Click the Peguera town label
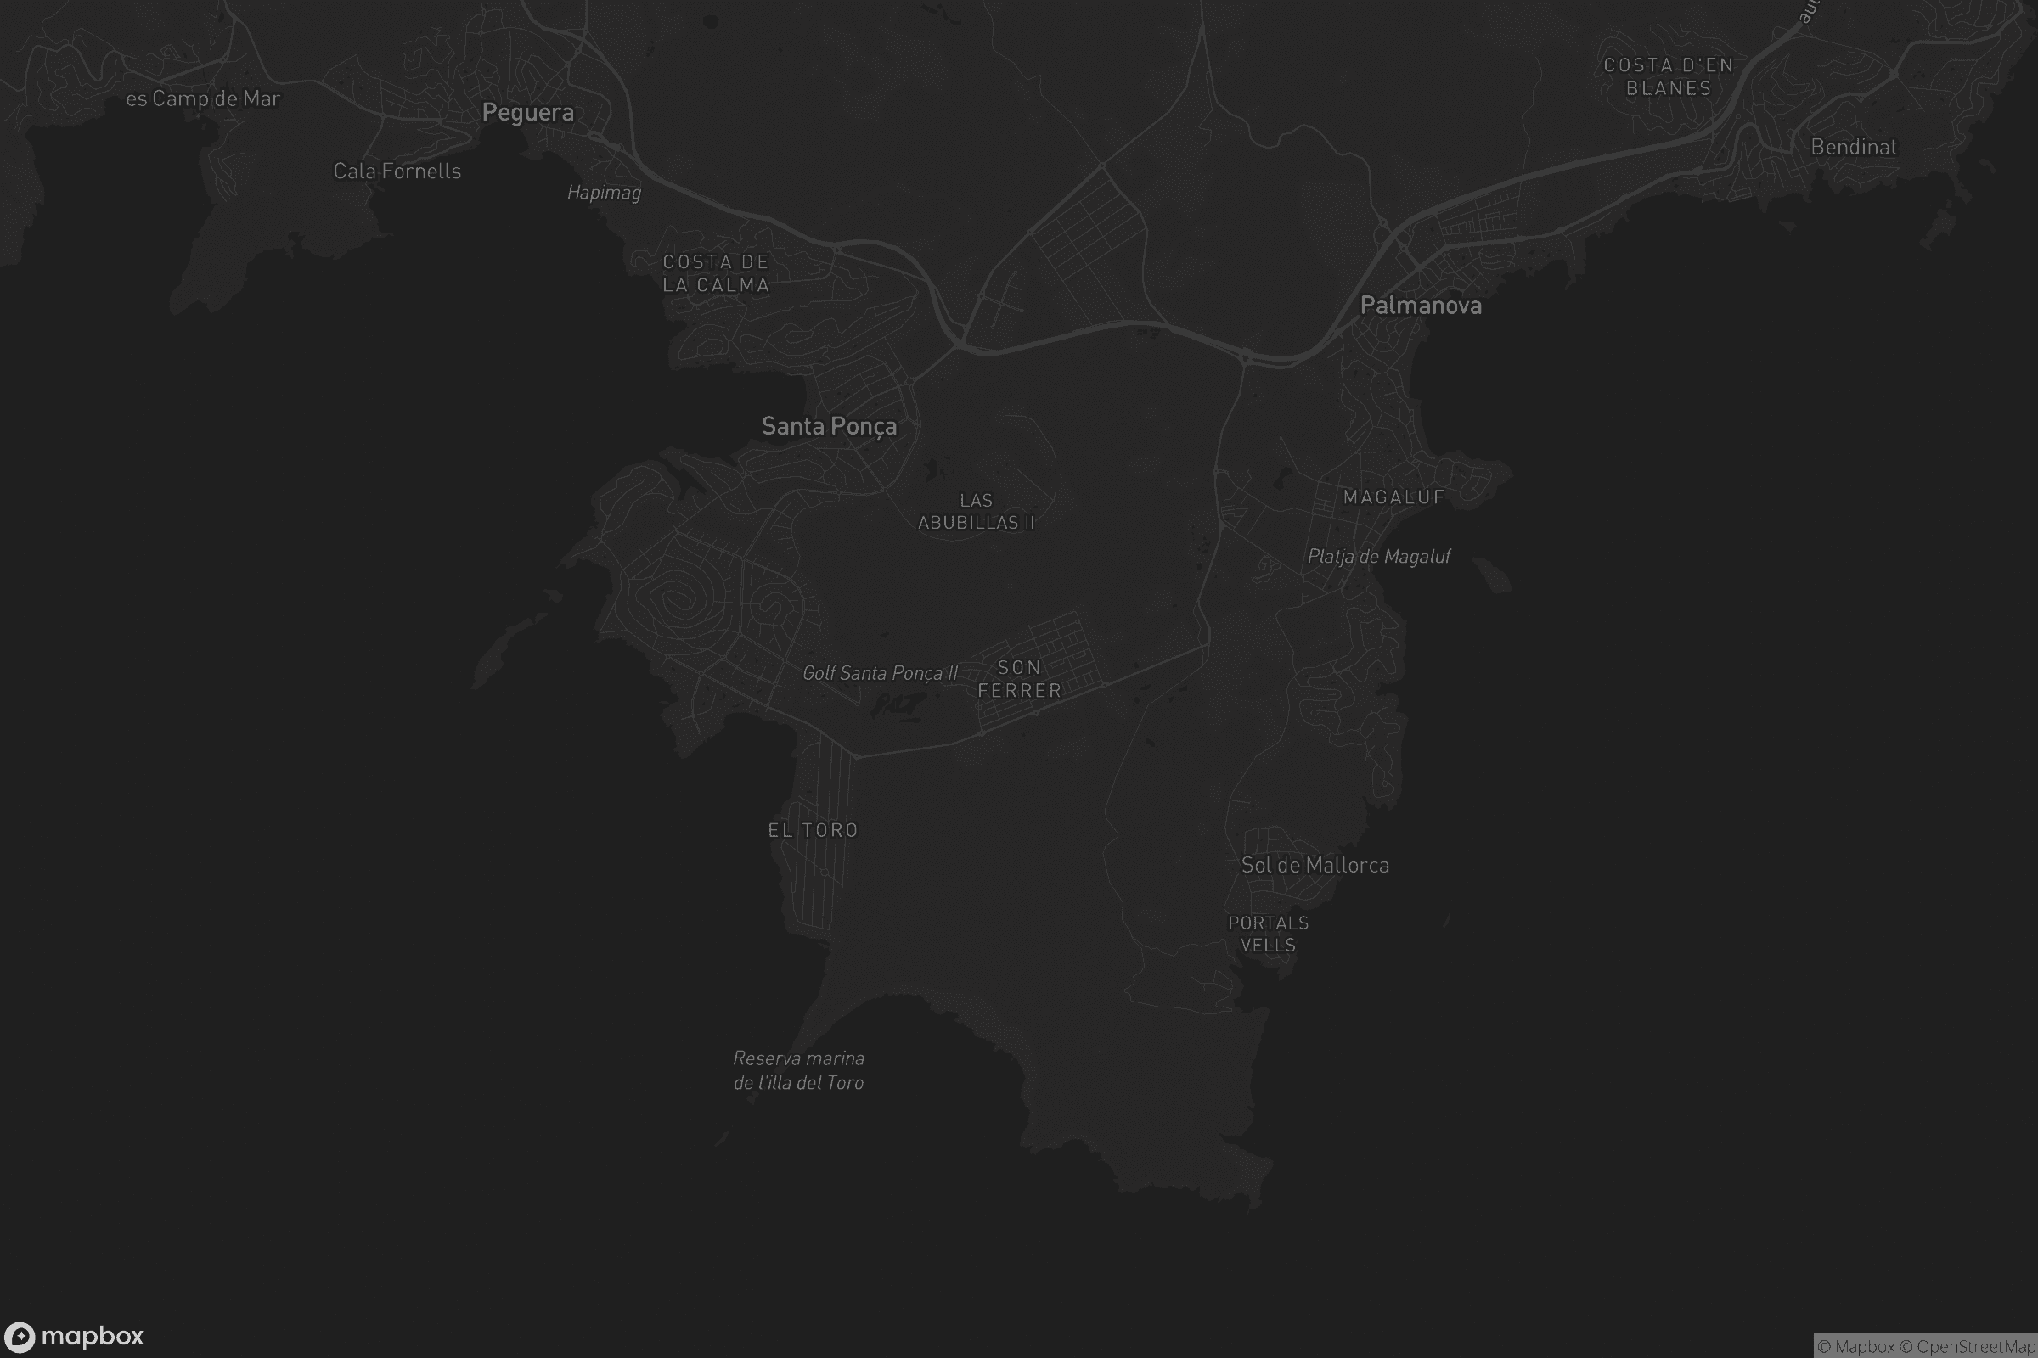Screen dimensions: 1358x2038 coord(527,113)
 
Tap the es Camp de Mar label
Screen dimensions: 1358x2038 coord(203,98)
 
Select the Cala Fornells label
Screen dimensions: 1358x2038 coord(397,171)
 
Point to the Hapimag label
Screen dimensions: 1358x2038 coord(604,193)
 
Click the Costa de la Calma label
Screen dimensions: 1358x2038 coord(716,272)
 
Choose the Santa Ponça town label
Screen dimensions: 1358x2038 coord(829,426)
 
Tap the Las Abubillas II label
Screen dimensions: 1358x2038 coord(976,511)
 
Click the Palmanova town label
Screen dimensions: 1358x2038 coord(1420,306)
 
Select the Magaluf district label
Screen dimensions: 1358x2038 coord(1393,497)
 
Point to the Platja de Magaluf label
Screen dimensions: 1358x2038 coord(1377,556)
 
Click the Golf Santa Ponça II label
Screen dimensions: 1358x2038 coord(880,673)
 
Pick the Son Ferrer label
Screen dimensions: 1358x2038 coord(1019,679)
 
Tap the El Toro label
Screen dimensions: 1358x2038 coord(813,830)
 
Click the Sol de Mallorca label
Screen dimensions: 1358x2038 coord(1315,865)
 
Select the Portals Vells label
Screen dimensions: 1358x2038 coord(1268,934)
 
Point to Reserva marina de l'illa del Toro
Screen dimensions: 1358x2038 coord(798,1070)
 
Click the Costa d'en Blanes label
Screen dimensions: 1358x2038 coord(1668,76)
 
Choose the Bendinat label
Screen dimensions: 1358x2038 coord(1854,147)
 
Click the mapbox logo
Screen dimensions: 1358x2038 coord(74,1335)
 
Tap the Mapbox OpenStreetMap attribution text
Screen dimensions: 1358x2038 coord(1925,1346)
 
